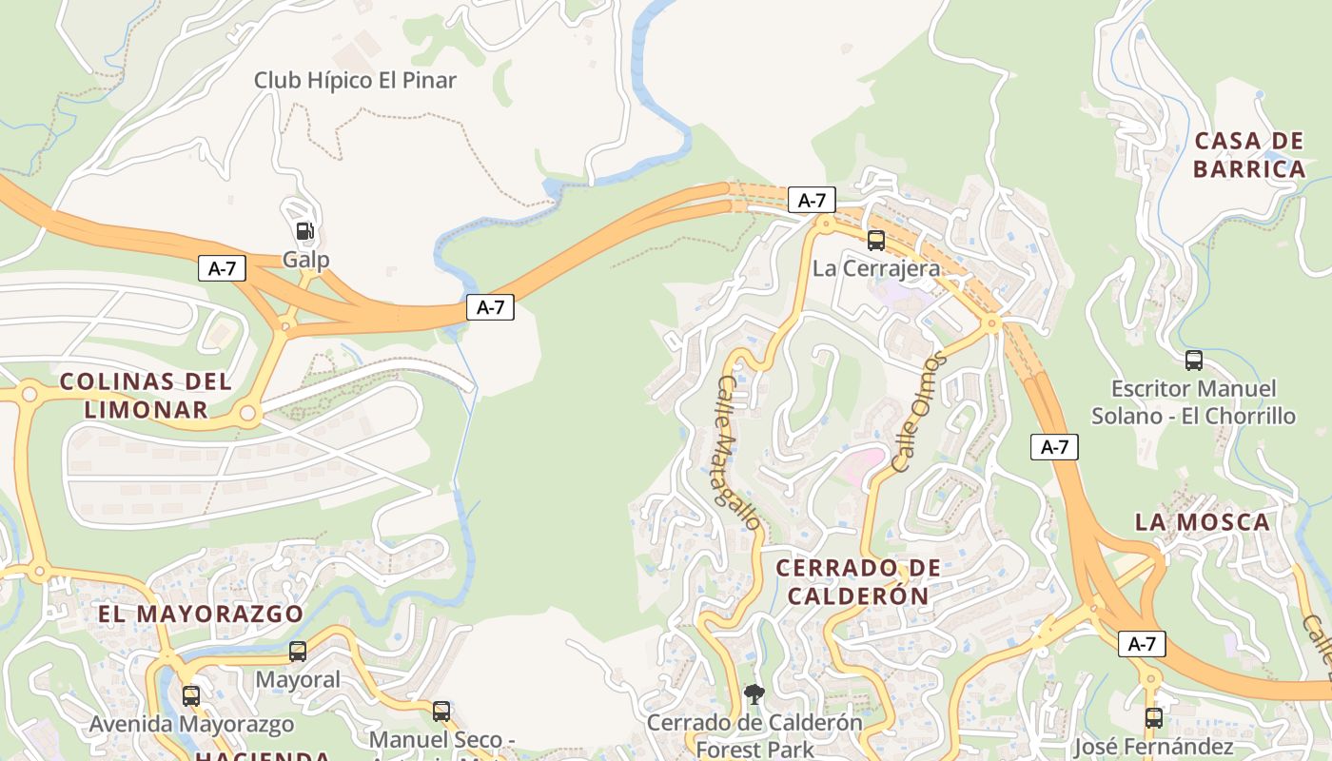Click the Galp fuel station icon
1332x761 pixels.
pos(304,231)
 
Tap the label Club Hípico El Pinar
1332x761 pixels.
pos(355,81)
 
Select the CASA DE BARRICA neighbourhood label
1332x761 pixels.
pos(1248,155)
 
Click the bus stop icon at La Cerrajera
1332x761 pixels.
pos(875,241)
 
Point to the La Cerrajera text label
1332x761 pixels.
pos(875,268)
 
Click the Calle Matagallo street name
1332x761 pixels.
pos(738,453)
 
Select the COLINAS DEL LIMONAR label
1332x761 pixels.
pos(146,396)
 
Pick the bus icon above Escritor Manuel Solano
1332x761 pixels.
pos(1193,361)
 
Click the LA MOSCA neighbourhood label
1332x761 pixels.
pos(1202,522)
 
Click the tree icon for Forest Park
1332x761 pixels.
pos(754,694)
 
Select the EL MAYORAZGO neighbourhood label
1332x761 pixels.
pos(201,614)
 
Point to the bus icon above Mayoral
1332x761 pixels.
pos(298,652)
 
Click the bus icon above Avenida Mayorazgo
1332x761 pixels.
pos(191,696)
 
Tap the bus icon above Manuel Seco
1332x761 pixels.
pos(441,711)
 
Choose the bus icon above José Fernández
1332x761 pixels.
pos(1153,718)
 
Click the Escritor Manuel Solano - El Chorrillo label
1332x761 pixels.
pos(1193,402)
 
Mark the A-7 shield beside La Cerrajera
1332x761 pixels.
pos(812,200)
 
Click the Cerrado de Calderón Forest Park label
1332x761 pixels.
pos(754,735)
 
